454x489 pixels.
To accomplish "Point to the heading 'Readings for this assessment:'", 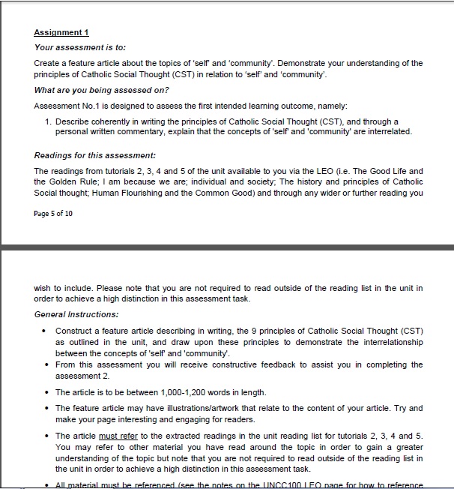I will (x=94, y=155).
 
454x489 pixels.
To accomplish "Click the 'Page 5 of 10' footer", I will (x=54, y=214).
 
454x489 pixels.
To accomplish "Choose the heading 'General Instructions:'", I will (x=76, y=314).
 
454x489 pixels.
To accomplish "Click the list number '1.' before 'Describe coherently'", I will (x=48, y=121).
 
